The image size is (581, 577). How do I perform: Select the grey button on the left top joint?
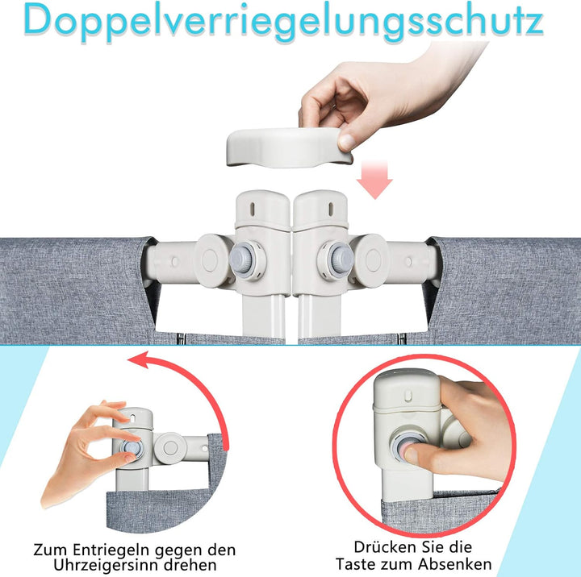[243, 259]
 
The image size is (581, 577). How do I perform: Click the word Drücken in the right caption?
[383, 548]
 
